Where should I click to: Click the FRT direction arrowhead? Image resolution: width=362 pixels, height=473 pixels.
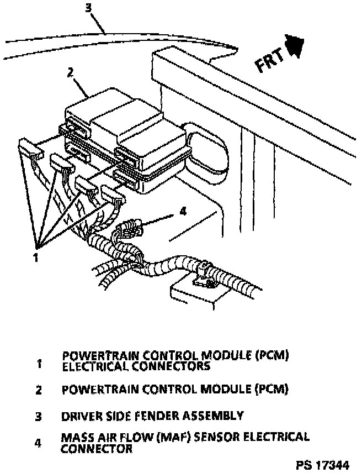[x=295, y=45]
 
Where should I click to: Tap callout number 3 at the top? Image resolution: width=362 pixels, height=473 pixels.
[x=89, y=8]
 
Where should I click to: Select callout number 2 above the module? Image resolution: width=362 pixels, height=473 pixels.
[x=70, y=72]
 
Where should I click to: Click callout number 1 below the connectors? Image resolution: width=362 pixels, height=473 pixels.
[x=36, y=257]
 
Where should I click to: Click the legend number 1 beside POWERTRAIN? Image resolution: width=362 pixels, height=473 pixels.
[x=39, y=364]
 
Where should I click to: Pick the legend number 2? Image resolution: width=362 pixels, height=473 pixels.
[x=39, y=390]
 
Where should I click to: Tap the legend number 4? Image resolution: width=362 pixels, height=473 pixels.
[x=39, y=443]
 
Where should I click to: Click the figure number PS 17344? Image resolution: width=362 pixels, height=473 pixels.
[x=322, y=465]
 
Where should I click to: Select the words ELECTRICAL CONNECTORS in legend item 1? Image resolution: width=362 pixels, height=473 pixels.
[x=136, y=366]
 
